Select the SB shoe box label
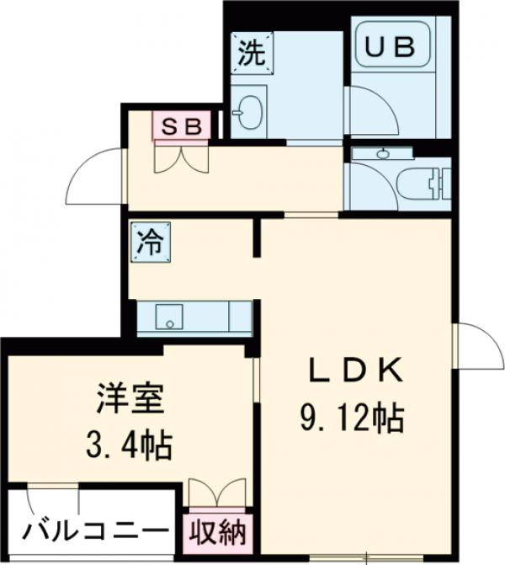(x=181, y=126)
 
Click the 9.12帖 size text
(x=351, y=417)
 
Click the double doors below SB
(x=181, y=157)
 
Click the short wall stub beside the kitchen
(x=257, y=236)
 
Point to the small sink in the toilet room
(x=384, y=154)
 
